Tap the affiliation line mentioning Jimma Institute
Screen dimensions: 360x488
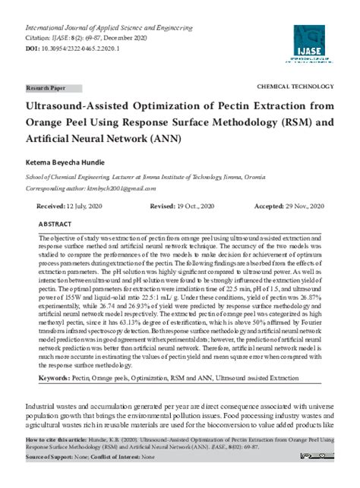144,176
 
